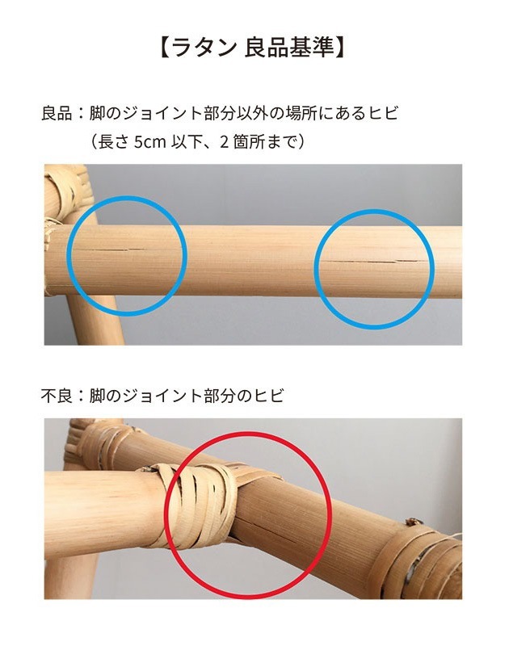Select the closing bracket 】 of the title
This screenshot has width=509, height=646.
[x=340, y=47]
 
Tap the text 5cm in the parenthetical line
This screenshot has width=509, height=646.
[x=149, y=141]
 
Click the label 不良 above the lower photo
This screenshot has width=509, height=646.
[x=57, y=396]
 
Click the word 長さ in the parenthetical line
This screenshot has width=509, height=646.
[x=111, y=141]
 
